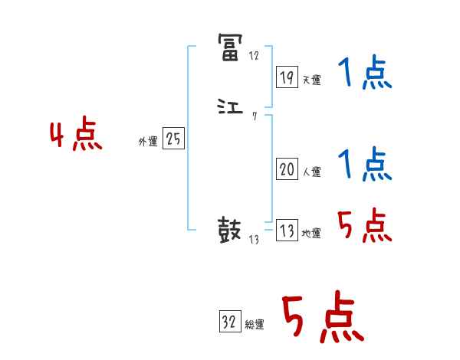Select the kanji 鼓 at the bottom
pyautogui.click(x=230, y=230)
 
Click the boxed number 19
pyautogui.click(x=287, y=77)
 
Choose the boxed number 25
pyautogui.click(x=173, y=140)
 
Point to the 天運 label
pyautogui.click(x=311, y=80)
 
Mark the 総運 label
pyautogui.click(x=255, y=325)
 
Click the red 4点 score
pyautogui.click(x=75, y=137)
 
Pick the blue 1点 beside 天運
pyautogui.click(x=364, y=75)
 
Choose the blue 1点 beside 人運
pyautogui.click(x=364, y=164)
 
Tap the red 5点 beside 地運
pyautogui.click(x=364, y=227)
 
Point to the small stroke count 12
pyautogui.click(x=254, y=57)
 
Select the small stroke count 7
pyautogui.click(x=254, y=116)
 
